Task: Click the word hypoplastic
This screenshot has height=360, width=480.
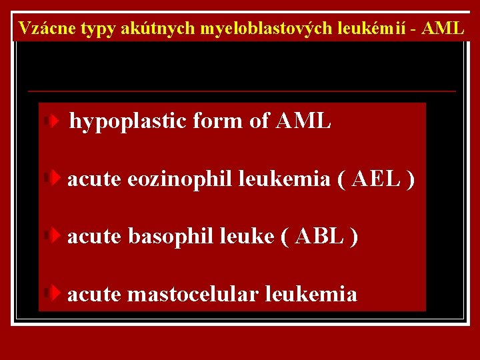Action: click(x=129, y=121)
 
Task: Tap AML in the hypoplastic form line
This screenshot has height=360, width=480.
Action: click(x=302, y=121)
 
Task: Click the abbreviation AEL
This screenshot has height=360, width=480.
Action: click(x=376, y=179)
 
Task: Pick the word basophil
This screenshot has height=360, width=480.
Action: click(x=170, y=237)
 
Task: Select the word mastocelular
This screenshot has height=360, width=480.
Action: click(x=193, y=294)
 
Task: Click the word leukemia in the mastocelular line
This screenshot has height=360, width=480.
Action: click(x=311, y=294)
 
